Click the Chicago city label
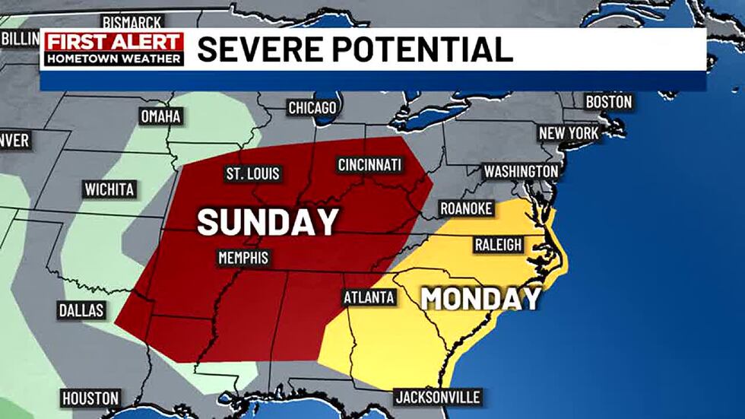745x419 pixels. point(312,109)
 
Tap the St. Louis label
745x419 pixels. point(253,173)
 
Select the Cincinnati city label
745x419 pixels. point(369,165)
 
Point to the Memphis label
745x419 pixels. point(243,258)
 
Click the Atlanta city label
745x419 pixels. point(369,297)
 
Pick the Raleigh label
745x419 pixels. point(498,245)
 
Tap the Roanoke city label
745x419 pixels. point(466,208)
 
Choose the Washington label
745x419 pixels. point(521,171)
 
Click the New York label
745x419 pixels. point(569,134)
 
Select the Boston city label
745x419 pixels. point(608,102)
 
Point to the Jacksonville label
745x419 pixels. point(437,397)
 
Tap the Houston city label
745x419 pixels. point(90,398)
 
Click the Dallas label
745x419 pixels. point(81,310)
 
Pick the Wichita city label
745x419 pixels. point(110,189)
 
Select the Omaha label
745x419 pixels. point(160,116)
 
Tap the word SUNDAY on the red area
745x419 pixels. point(268,222)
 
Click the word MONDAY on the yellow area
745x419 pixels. point(480,299)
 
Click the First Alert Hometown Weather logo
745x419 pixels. point(113,49)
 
